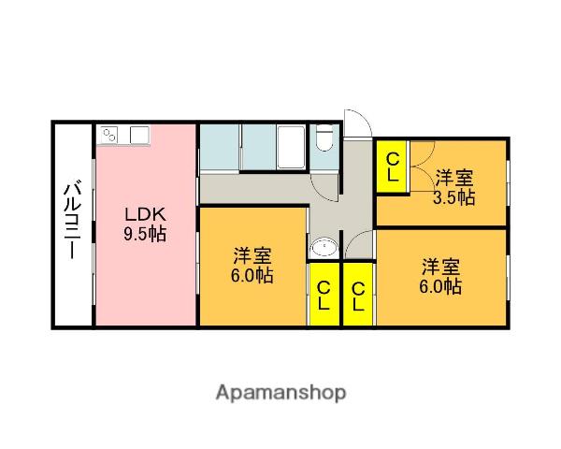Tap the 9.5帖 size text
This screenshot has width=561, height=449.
144,234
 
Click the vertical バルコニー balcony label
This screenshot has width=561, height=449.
71,224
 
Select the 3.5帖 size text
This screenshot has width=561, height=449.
453,197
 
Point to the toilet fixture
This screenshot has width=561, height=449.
324,140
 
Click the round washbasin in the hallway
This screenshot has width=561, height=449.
324,248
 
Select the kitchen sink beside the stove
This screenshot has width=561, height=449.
137,135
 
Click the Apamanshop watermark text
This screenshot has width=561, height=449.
280,392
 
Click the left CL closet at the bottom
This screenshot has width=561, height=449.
324,295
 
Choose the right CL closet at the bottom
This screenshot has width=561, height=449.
358,295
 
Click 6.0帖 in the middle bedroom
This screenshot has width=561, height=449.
252,277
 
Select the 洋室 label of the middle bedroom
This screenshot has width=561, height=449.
252,255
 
